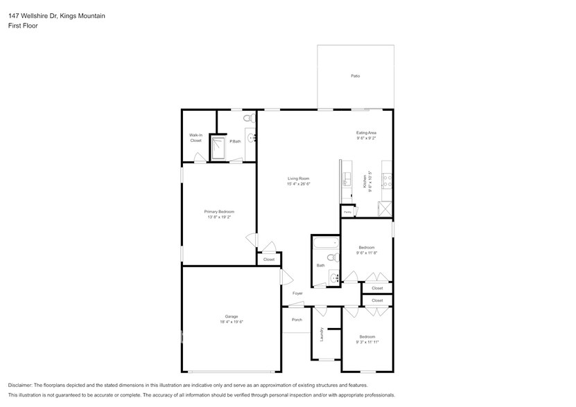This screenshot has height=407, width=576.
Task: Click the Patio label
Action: [x=355, y=76]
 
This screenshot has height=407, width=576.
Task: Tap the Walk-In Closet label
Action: [x=195, y=138]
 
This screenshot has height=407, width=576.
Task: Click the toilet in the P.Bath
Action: [x=250, y=119]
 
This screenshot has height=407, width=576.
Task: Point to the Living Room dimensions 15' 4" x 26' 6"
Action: [x=298, y=184]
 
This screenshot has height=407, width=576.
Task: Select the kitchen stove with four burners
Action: [x=387, y=182]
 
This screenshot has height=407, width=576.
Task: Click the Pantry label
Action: [x=347, y=212]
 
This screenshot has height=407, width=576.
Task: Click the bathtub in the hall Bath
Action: [x=325, y=243]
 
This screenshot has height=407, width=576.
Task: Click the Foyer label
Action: [x=297, y=293]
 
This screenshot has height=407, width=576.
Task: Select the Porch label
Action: [x=297, y=320]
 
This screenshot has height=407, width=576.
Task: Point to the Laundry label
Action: [x=322, y=336]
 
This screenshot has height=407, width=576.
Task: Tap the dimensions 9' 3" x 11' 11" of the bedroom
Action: [x=367, y=341]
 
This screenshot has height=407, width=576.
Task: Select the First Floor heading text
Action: [x=24, y=26]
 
